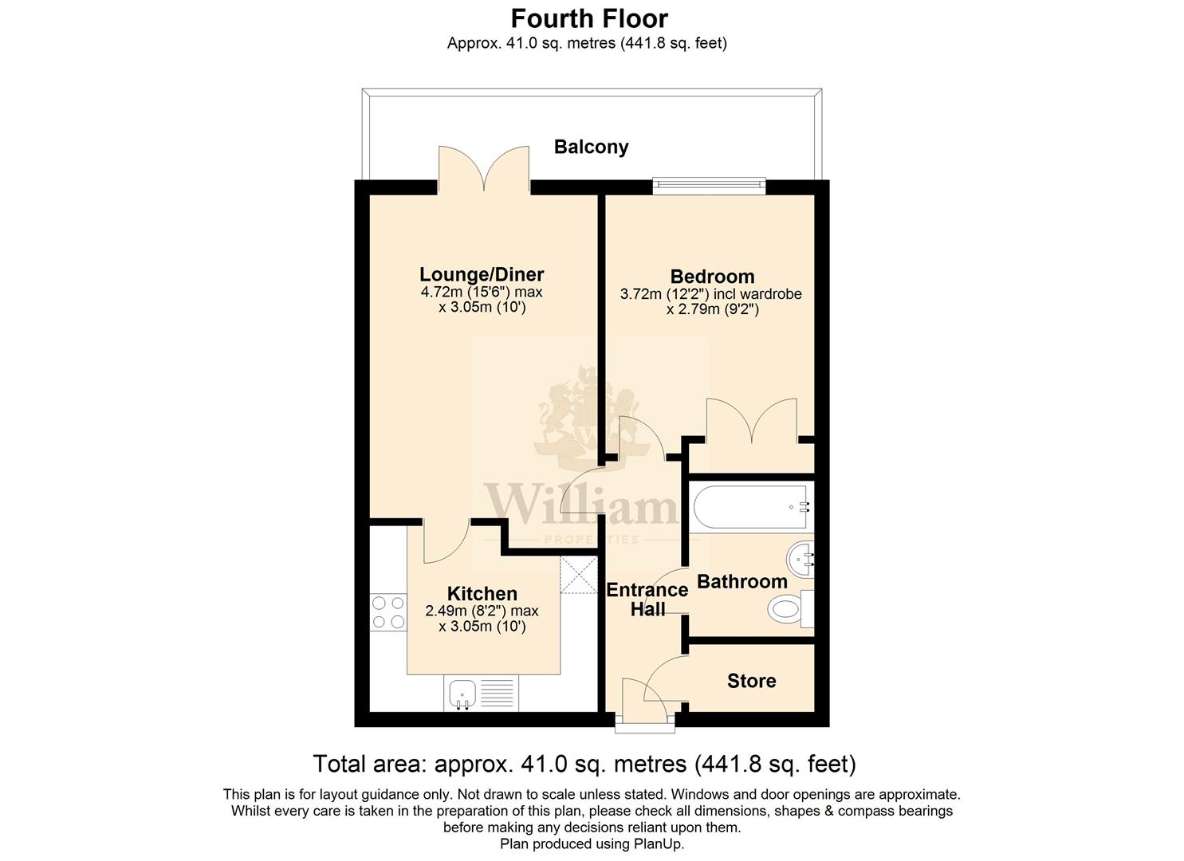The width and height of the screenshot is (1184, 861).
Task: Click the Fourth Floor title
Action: pos(589,19)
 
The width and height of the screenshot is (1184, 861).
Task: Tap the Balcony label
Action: pos(591,147)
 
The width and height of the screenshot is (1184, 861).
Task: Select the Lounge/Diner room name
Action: pos(482,274)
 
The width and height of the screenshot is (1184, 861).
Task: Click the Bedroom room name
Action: pos(712,277)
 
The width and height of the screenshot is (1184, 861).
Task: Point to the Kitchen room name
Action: pos(482,593)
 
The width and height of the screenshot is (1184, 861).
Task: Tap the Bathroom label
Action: pos(742,581)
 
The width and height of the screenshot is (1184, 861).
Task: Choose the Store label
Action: pos(751,681)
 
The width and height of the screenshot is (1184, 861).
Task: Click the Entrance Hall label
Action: pos(647,600)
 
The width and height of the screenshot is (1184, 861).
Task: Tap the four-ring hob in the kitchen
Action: pos(388,612)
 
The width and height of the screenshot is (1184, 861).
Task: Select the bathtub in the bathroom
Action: pos(750,507)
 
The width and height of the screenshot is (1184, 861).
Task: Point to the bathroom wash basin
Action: pos(800,559)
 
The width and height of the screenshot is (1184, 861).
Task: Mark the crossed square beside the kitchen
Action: pos(579,575)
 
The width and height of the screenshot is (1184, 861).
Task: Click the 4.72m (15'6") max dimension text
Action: pos(481,292)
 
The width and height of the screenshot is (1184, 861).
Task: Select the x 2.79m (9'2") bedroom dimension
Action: pos(712,309)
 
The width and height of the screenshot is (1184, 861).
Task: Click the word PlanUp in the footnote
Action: pos(659,844)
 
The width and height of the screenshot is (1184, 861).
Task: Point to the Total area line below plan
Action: pos(584,764)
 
